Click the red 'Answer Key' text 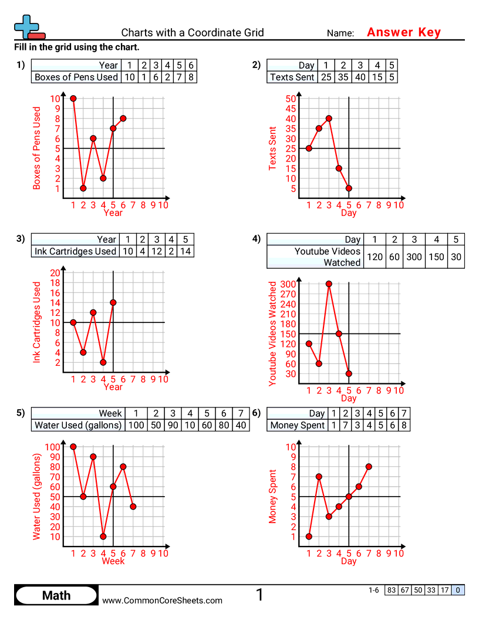click(x=403, y=32)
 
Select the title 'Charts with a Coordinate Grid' click(x=193, y=33)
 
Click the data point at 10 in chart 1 click(x=73, y=99)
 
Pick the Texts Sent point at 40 click(x=329, y=119)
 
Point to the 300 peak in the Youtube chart click(x=329, y=284)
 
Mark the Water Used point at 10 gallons click(x=103, y=536)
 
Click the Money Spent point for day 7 click(x=369, y=467)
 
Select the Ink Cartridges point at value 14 click(x=113, y=302)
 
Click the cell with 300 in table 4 click(x=414, y=257)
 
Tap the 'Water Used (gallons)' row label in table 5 click(x=78, y=425)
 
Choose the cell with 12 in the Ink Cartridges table click(x=156, y=251)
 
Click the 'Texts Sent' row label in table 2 click(x=292, y=77)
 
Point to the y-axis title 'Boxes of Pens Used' click(x=37, y=148)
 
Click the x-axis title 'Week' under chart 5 click(x=113, y=561)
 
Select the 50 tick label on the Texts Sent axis click(x=291, y=99)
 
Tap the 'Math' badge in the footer click(x=56, y=595)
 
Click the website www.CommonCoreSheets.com click(x=163, y=600)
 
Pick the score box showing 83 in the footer click(x=391, y=591)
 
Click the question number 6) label click(x=256, y=413)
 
